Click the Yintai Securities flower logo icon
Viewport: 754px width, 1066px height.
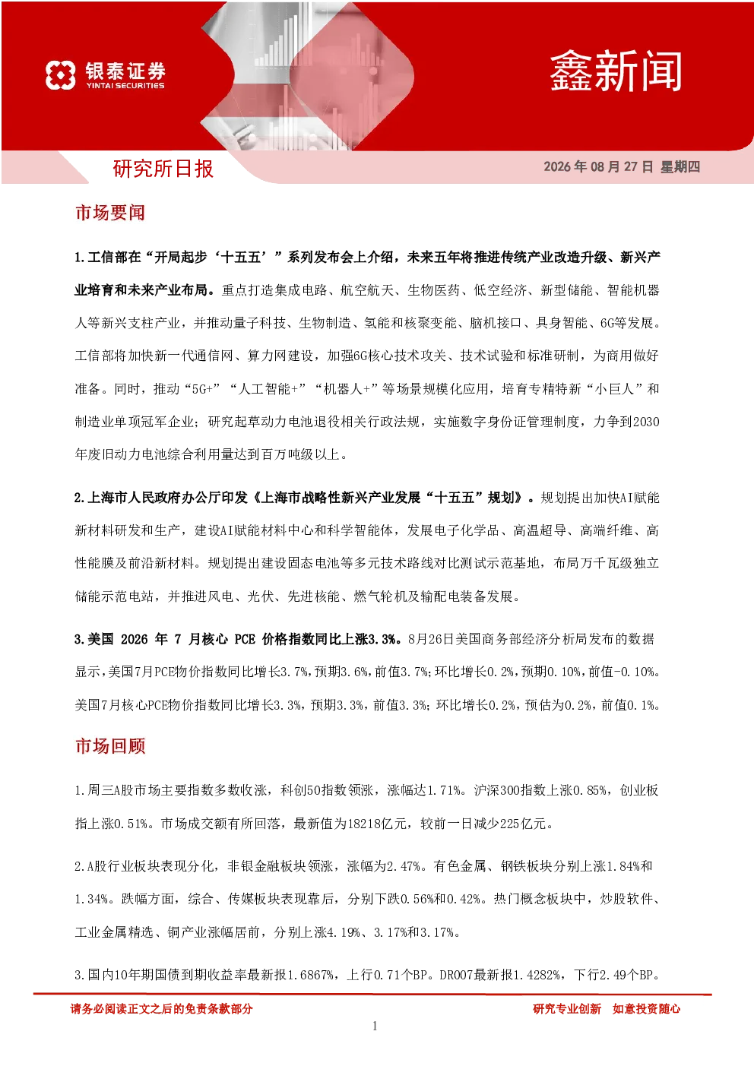(61, 75)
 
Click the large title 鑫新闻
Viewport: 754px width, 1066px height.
(616, 71)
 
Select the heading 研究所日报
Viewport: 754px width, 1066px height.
(163, 169)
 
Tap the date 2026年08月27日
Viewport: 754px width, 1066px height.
(598, 166)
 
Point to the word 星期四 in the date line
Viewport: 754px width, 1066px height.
(680, 166)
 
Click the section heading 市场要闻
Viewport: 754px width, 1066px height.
(110, 213)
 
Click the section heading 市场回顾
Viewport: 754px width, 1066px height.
(110, 746)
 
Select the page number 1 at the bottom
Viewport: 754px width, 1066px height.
(375, 1026)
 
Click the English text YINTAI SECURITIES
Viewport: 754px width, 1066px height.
(125, 86)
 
